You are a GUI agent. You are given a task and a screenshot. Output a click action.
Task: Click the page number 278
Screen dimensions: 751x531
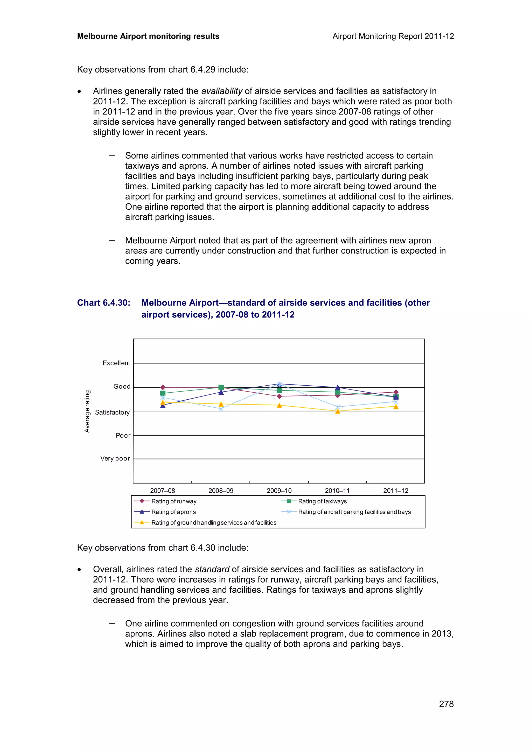click(x=446, y=704)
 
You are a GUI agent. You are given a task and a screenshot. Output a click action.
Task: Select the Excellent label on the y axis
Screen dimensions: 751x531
click(x=116, y=363)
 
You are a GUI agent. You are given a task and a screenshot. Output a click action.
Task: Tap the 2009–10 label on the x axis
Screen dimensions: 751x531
click(x=279, y=491)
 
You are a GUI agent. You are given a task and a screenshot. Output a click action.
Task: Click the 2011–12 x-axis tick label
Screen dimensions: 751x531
click(x=396, y=491)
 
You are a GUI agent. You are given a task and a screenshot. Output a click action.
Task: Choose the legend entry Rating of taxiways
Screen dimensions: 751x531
click(x=322, y=501)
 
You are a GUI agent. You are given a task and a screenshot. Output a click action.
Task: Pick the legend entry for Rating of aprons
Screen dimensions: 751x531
click(x=173, y=512)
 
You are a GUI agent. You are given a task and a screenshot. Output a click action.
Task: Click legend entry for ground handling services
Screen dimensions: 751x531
click(x=213, y=523)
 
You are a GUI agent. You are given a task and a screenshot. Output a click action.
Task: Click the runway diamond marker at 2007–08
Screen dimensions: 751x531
click(x=163, y=387)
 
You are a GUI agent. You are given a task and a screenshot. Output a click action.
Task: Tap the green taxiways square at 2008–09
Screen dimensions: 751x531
click(x=221, y=387)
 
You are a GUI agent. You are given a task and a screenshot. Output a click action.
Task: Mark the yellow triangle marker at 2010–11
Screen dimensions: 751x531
click(x=338, y=412)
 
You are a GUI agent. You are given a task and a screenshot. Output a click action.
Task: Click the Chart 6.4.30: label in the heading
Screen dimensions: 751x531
click(x=104, y=303)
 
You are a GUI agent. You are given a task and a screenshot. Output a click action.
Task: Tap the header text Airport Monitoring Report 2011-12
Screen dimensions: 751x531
click(x=393, y=36)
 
